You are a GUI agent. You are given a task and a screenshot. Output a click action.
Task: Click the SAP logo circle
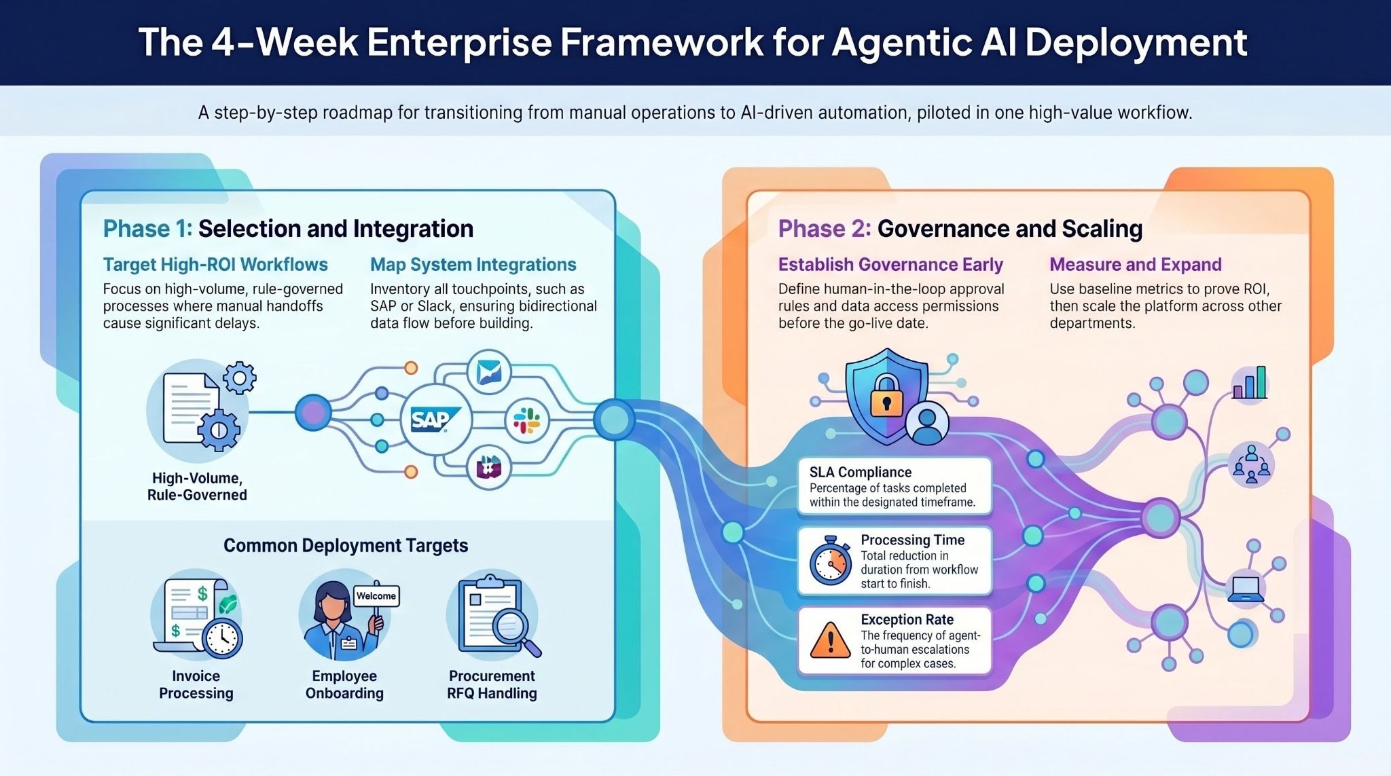pos(435,420)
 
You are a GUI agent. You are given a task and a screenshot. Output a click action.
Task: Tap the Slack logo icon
pos(527,421)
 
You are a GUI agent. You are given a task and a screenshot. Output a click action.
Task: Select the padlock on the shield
pos(886,395)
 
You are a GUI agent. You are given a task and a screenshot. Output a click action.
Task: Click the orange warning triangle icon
pos(830,642)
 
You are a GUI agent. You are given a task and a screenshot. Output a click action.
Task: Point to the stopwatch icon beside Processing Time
pos(831,562)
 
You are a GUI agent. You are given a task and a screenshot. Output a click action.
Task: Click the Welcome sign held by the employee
pos(376,595)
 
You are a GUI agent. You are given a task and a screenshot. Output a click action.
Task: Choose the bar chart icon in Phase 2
pos(1250,384)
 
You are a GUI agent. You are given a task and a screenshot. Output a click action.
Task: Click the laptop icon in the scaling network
pos(1246,589)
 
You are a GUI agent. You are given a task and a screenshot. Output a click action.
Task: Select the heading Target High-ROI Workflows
pos(215,265)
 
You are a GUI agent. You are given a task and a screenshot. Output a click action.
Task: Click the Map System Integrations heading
pos(473,265)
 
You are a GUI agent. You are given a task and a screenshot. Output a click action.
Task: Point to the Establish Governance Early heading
pos(890,265)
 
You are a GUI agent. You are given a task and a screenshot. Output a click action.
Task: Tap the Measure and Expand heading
pos(1136,265)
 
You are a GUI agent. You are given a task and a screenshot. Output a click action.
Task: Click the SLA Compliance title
pos(860,473)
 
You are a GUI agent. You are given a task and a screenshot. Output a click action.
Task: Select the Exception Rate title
pos(907,619)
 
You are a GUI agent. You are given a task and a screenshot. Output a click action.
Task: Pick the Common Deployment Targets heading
pos(346,546)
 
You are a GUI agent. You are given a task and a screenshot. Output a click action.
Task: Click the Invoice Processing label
pos(196,684)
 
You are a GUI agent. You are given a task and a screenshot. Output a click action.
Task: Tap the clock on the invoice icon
pos(222,639)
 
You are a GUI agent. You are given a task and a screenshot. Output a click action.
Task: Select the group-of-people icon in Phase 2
pos(1251,465)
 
